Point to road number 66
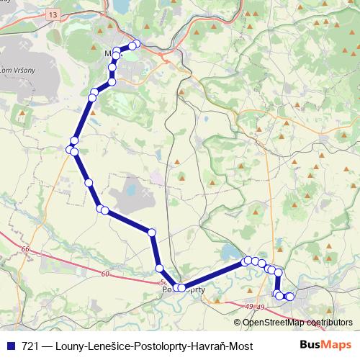(x=26, y=249)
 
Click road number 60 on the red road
(x=105, y=274)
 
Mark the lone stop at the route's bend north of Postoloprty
(x=152, y=232)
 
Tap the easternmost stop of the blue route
(x=290, y=297)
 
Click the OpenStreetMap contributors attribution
(x=297, y=323)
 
